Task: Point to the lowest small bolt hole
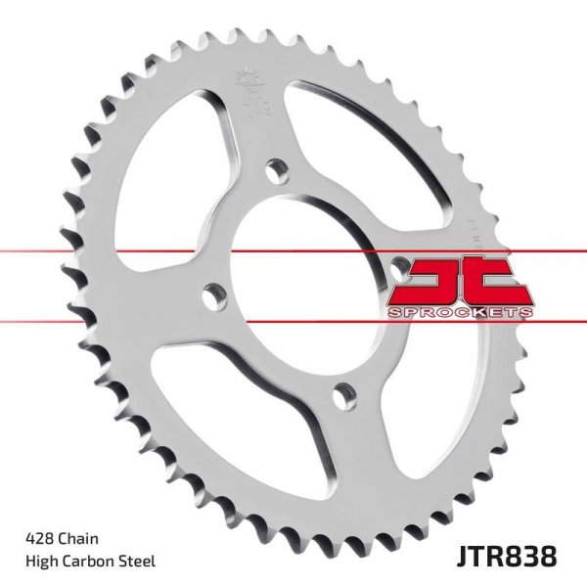339,393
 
